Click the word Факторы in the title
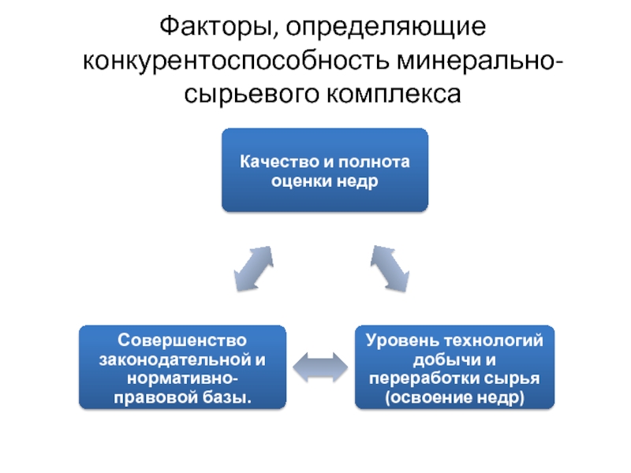pos(212,29)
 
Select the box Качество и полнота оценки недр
pos(325,170)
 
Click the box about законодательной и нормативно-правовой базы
pos(183,368)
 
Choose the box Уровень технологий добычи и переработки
pos(454,368)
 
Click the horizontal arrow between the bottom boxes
pos(319,367)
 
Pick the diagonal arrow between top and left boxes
pos(254,270)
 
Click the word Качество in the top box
pos(272,162)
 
